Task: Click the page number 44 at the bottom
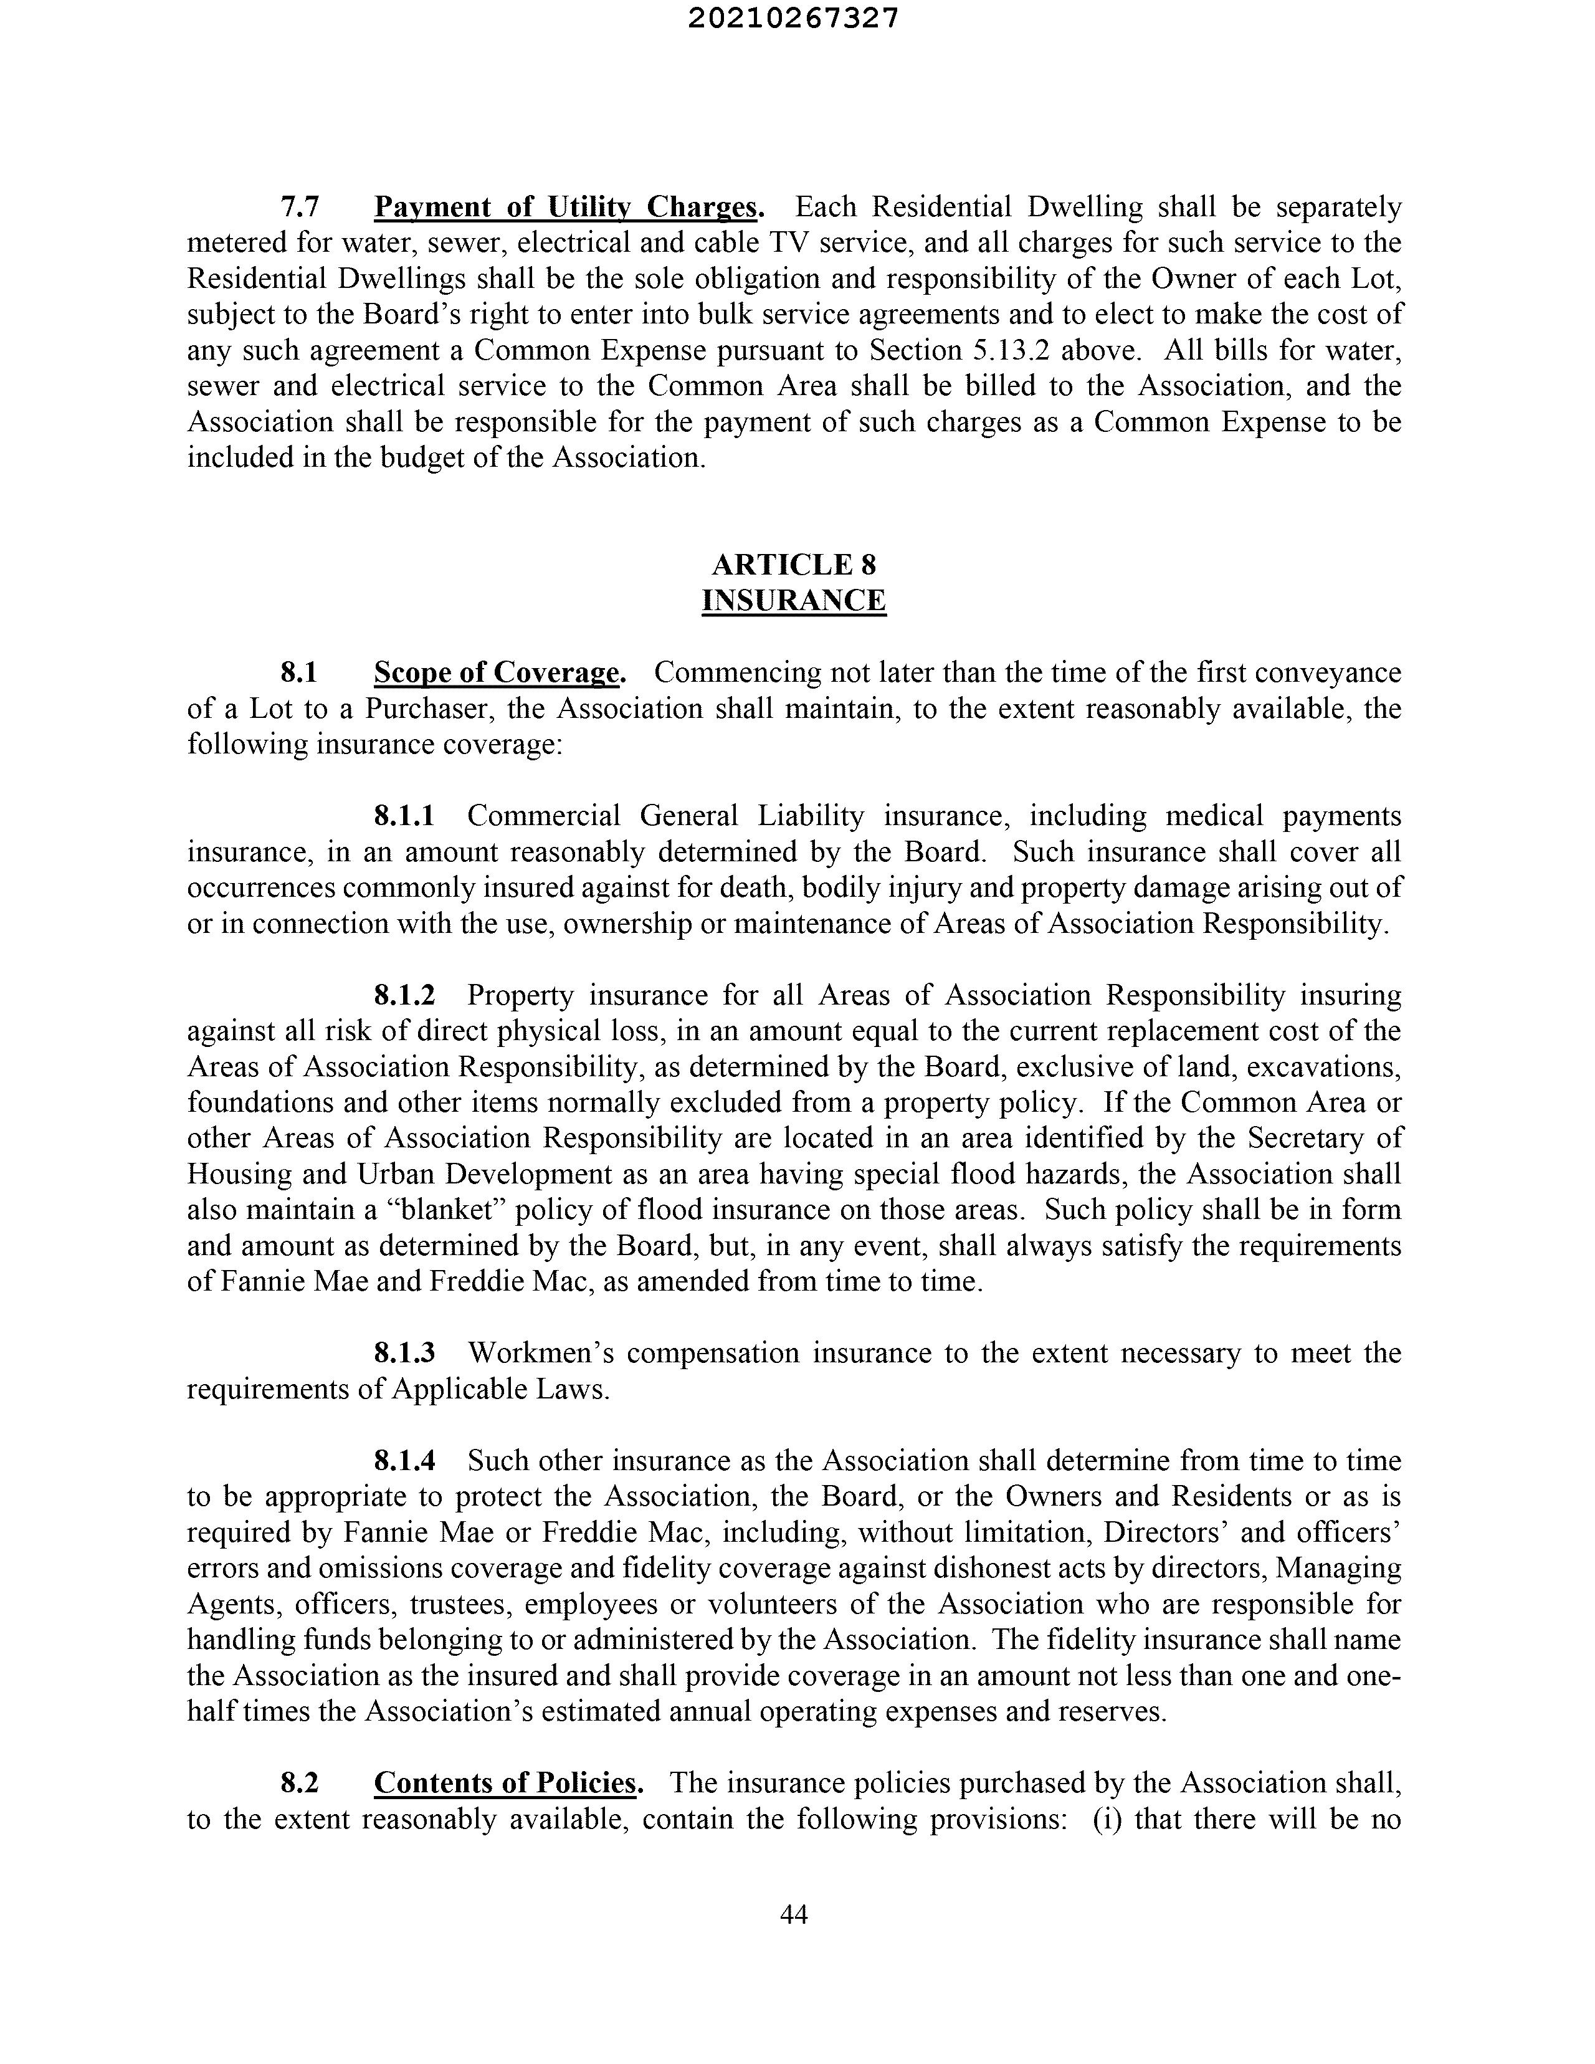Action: [794, 1914]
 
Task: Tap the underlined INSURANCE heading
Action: [794, 600]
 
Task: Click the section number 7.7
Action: [300, 206]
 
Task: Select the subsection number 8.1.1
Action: [404, 816]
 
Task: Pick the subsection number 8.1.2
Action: [404, 995]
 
